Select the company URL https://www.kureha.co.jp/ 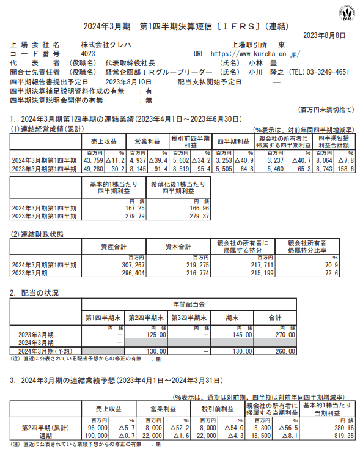click(255, 54)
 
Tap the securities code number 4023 click(88, 54)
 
